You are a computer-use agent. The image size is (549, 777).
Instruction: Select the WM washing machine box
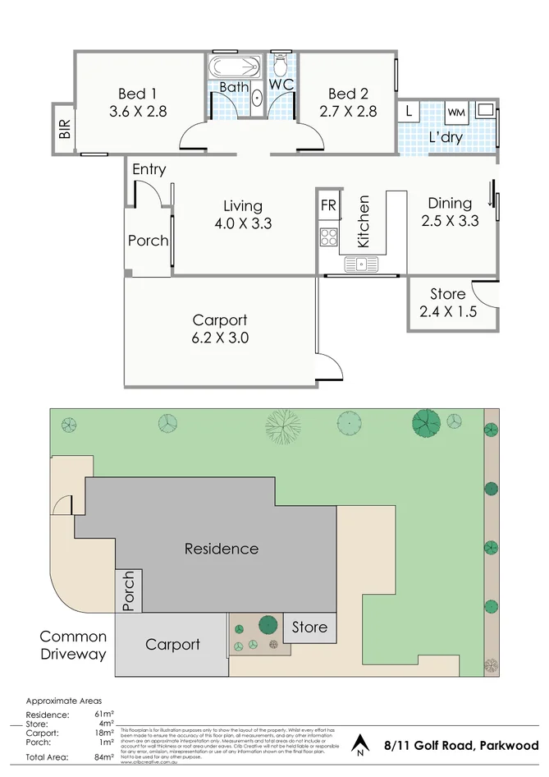[456, 112]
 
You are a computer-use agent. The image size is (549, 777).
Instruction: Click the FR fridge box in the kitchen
[328, 205]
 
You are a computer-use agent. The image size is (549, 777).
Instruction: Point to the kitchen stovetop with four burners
[328, 237]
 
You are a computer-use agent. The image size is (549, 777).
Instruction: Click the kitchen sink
[360, 264]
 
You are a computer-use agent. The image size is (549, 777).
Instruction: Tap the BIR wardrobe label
[65, 129]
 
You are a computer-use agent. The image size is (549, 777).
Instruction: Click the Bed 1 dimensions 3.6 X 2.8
[138, 112]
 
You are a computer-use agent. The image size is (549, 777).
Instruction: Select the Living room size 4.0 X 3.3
[243, 223]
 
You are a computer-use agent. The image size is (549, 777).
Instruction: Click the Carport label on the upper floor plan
[219, 320]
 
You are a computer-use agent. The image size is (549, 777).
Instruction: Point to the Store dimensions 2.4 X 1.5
[448, 311]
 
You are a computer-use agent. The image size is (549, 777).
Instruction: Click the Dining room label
[450, 203]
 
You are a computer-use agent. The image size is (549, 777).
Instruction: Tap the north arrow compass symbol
[359, 746]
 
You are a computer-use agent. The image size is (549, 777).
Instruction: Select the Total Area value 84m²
[103, 756]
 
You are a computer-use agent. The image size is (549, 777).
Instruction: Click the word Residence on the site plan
[221, 549]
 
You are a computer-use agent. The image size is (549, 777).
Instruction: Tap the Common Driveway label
[73, 646]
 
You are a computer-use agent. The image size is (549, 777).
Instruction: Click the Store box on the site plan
[309, 628]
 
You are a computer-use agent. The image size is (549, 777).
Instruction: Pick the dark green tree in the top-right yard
[427, 423]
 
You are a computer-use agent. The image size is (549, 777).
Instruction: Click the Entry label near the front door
[149, 170]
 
